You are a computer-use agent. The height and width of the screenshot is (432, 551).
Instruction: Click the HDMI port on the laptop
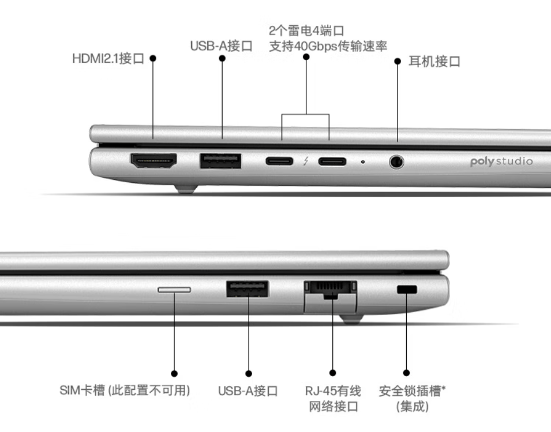[153, 160]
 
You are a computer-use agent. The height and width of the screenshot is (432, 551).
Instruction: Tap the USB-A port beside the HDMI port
[220, 161]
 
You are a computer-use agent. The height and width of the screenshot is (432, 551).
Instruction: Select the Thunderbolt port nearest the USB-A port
[279, 161]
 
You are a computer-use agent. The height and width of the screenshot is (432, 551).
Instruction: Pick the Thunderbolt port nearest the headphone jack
[332, 161]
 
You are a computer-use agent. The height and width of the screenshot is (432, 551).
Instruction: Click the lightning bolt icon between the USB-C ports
[306, 161]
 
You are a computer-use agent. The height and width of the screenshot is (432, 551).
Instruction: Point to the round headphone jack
[397, 162]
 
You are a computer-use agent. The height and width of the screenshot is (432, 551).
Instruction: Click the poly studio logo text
[501, 161]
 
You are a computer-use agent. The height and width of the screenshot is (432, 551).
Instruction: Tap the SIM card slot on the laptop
[174, 290]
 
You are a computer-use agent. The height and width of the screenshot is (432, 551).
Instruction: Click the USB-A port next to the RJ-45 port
[248, 289]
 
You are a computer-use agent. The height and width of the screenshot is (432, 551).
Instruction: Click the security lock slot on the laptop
[407, 290]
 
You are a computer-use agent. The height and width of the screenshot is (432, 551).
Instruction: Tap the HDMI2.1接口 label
[108, 58]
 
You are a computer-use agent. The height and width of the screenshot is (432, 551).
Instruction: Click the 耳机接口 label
[434, 62]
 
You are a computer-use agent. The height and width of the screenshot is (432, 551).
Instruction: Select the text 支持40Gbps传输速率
[328, 46]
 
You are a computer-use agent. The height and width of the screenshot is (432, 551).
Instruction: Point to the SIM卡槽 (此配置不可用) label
[125, 390]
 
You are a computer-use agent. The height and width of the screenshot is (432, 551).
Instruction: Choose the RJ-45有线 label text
[333, 390]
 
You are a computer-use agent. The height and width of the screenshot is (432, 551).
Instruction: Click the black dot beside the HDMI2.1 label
[153, 58]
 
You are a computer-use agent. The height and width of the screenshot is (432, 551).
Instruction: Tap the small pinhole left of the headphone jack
[363, 162]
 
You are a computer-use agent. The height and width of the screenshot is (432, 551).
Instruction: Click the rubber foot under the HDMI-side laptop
[186, 189]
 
